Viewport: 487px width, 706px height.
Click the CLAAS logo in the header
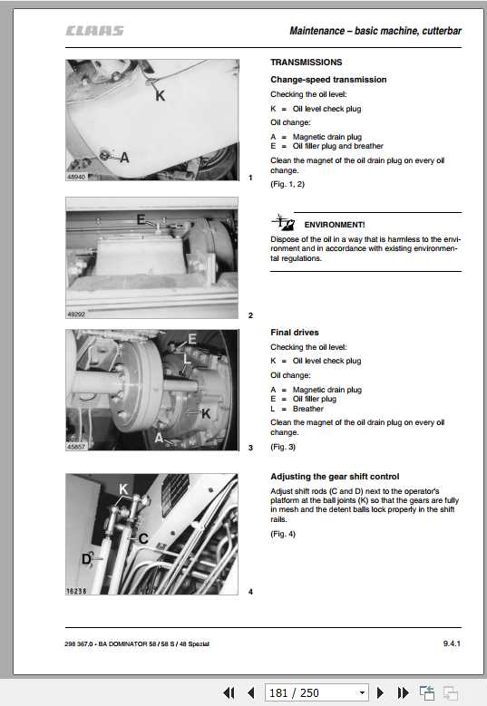pyautogui.click(x=94, y=31)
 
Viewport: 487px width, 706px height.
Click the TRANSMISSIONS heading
pyautogui.click(x=306, y=63)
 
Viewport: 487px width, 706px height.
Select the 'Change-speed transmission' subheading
pyautogui.click(x=328, y=79)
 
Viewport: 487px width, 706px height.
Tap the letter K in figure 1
pyautogui.click(x=160, y=95)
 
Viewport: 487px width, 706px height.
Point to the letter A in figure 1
pyautogui.click(x=125, y=158)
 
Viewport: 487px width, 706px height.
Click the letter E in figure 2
pyautogui.click(x=141, y=219)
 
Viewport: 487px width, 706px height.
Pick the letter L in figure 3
pyautogui.click(x=187, y=358)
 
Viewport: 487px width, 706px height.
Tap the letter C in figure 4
pyautogui.click(x=143, y=538)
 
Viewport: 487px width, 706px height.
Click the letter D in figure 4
pyautogui.click(x=86, y=559)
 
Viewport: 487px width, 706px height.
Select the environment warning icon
pyautogui.click(x=283, y=222)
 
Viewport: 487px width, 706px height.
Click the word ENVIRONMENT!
pyautogui.click(x=335, y=225)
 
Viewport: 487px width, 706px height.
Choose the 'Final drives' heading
pyautogui.click(x=295, y=333)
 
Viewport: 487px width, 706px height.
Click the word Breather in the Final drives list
pyautogui.click(x=308, y=409)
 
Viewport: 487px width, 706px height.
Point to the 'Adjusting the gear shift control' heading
pyautogui.click(x=335, y=477)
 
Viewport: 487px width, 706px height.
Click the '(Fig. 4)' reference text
pyautogui.click(x=283, y=534)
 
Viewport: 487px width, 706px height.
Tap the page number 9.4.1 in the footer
pyautogui.click(x=452, y=643)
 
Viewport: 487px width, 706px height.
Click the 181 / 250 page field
pyautogui.click(x=317, y=692)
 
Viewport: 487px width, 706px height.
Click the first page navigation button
pyautogui.click(x=229, y=692)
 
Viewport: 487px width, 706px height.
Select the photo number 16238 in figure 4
pyautogui.click(x=76, y=591)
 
